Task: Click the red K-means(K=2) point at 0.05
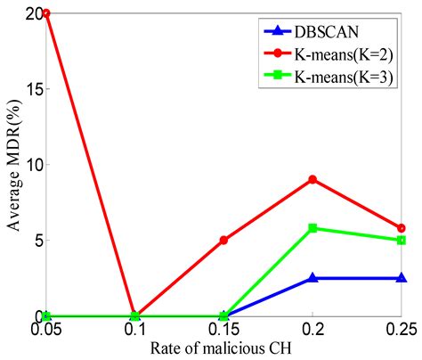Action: pos(45,14)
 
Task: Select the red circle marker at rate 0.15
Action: pos(223,241)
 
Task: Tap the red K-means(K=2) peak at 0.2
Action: pos(312,180)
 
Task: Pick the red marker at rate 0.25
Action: pos(402,228)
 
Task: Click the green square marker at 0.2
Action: pos(312,228)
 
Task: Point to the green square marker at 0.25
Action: pos(402,241)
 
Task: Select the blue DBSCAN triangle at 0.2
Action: pos(312,278)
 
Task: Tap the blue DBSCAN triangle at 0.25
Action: pos(402,278)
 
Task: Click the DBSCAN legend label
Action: pos(335,29)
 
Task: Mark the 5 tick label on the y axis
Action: pos(35,241)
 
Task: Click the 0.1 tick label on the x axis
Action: pos(134,330)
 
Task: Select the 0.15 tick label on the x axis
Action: pos(223,330)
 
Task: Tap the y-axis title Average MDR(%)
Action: pos(12,166)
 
